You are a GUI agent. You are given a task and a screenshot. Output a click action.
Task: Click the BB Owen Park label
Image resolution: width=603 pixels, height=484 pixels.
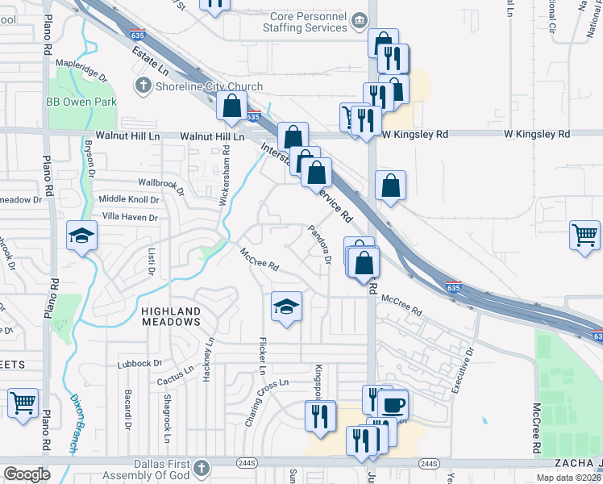(x=81, y=102)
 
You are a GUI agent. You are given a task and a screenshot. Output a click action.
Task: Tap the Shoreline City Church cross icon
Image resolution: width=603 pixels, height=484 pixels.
(x=143, y=86)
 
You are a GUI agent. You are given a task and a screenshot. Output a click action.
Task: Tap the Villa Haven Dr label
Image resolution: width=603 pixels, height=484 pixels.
(x=128, y=217)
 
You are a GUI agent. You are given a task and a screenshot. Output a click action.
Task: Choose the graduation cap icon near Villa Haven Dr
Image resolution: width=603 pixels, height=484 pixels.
(x=81, y=236)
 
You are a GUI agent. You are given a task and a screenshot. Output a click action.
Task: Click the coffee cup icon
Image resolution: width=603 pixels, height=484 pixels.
(x=393, y=403)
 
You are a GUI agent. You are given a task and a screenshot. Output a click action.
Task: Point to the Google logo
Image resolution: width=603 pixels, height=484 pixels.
(x=27, y=474)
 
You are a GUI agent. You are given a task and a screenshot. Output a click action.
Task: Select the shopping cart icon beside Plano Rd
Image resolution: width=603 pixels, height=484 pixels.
(x=23, y=402)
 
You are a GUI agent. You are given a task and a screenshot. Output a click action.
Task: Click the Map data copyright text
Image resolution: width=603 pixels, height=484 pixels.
(x=568, y=478)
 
